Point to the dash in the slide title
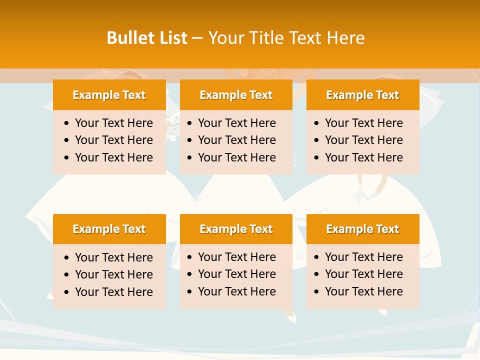[197, 38]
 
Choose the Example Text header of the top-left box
[109, 95]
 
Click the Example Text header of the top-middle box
[236, 95]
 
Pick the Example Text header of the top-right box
[362, 95]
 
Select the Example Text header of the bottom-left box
[109, 229]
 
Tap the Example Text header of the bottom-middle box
[236, 229]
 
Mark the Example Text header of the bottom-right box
[362, 229]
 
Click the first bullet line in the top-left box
[113, 123]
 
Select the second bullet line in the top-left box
[113, 140]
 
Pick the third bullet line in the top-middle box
[236, 157]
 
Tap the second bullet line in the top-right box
[363, 140]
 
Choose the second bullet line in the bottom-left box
[113, 274]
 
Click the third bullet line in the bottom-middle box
[236, 291]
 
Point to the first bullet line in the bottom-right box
[363, 257]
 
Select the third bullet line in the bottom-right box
[363, 291]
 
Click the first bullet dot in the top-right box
[316, 123]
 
